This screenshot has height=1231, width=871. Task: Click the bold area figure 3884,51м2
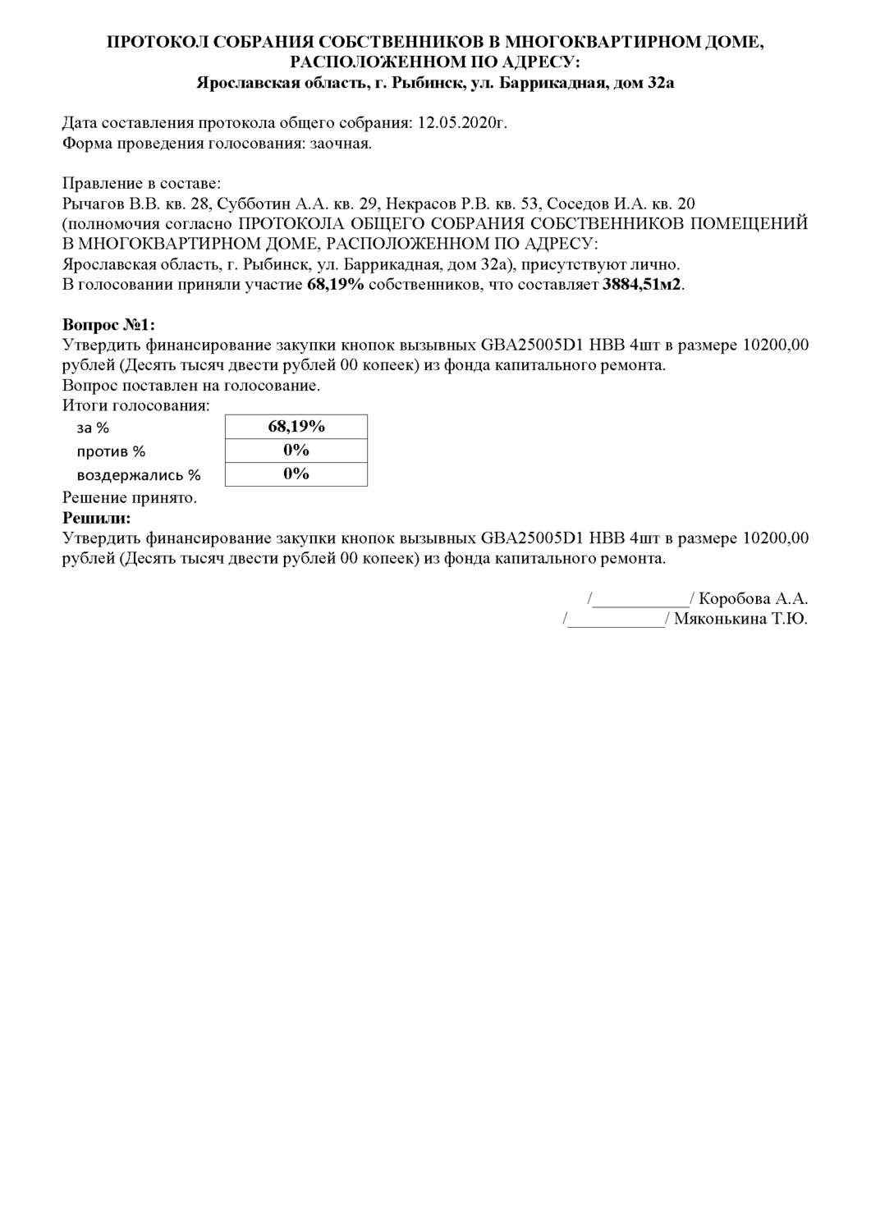[x=642, y=285]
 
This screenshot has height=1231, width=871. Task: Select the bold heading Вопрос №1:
[x=108, y=325]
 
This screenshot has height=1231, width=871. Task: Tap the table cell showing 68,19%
[x=296, y=426]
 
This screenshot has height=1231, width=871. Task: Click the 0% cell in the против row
[x=296, y=450]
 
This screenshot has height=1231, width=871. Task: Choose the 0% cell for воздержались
[x=296, y=474]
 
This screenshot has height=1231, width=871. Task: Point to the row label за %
[x=93, y=428]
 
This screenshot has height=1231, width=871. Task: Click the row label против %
[x=111, y=451]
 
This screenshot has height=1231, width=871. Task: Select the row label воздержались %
[x=139, y=475]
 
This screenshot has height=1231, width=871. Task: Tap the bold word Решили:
[x=96, y=518]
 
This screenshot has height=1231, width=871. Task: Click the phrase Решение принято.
[x=130, y=497]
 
